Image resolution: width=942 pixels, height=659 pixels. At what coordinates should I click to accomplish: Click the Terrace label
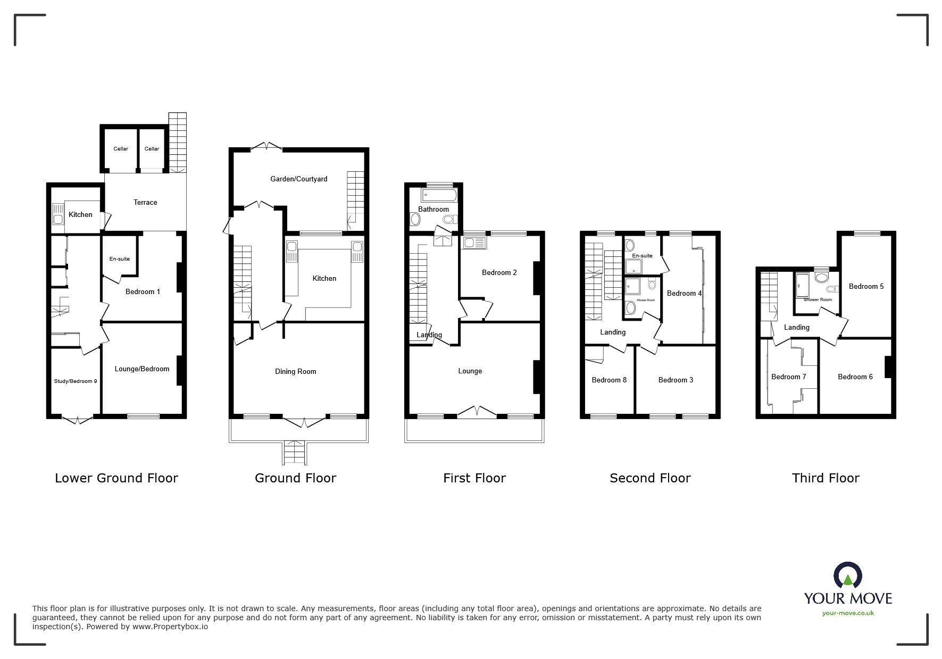145,203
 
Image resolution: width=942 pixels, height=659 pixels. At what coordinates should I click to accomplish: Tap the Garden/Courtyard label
298,179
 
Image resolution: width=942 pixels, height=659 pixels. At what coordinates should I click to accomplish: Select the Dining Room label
295,372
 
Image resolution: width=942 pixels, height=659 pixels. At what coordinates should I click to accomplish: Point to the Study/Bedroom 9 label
75,381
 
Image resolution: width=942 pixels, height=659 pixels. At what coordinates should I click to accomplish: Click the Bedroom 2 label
499,273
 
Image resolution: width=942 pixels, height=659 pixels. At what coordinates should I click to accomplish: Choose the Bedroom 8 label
609,380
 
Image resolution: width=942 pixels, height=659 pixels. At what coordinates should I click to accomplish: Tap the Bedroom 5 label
866,287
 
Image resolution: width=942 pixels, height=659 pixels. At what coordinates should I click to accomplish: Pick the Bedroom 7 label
788,377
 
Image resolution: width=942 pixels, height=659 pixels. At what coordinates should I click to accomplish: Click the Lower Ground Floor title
116,478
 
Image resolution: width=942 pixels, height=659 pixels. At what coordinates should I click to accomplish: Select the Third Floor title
826,478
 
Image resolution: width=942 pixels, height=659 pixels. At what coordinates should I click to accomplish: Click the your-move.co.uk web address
848,613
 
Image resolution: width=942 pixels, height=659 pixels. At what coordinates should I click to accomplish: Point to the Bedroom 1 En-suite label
120,259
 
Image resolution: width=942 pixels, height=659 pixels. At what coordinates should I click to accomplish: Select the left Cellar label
121,149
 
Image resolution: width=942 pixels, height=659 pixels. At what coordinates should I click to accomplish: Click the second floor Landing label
613,332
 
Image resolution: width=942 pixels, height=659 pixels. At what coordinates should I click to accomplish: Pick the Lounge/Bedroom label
142,369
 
